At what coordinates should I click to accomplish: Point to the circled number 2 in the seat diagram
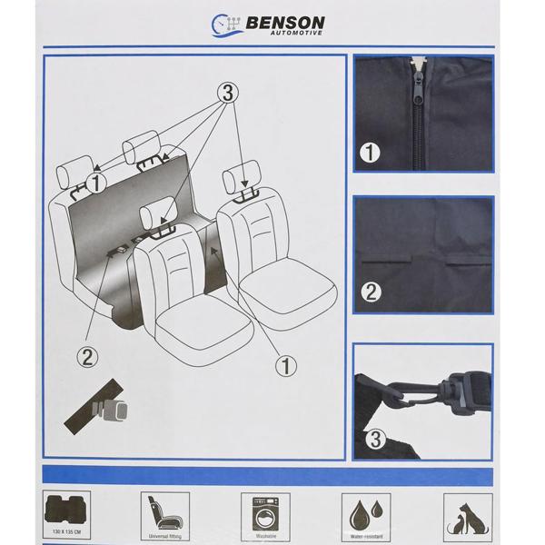(x=87, y=355)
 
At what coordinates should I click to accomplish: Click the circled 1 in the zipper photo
(x=371, y=154)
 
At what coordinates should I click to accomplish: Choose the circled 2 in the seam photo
(x=371, y=292)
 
